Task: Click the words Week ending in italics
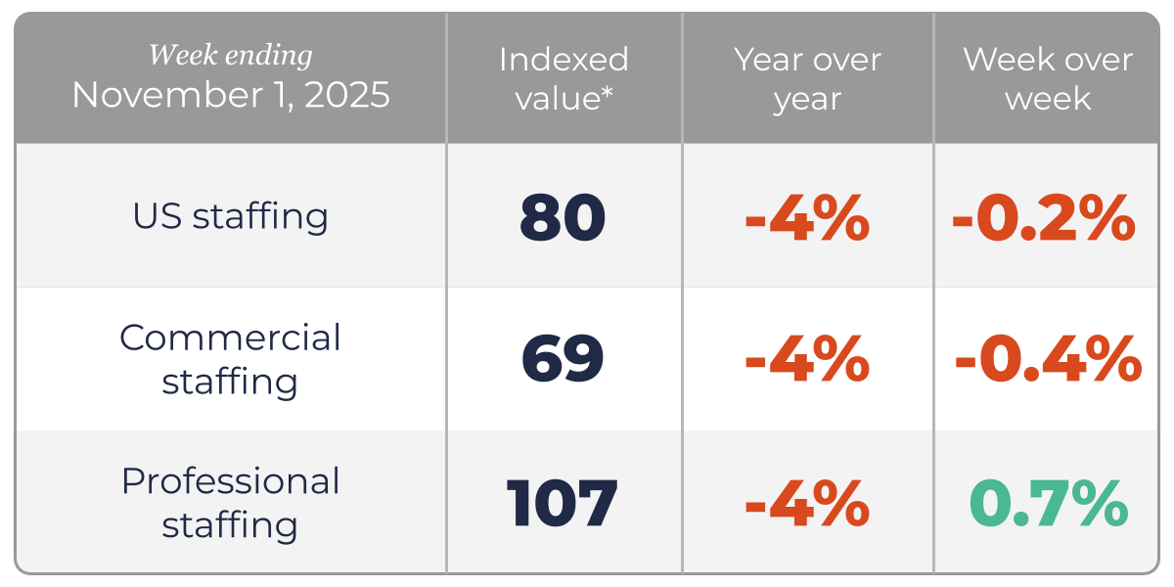tap(230, 56)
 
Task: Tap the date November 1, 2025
tap(230, 96)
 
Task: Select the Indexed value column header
tap(564, 78)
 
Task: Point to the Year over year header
tap(807, 78)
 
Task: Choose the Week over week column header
tap(1047, 78)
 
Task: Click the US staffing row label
tap(230, 216)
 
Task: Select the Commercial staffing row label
tap(230, 359)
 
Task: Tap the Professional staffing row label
tap(230, 503)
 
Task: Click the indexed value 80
tap(563, 217)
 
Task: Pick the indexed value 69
tap(563, 360)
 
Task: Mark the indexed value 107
tap(563, 504)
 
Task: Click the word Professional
tap(230, 481)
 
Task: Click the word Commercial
tap(230, 339)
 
